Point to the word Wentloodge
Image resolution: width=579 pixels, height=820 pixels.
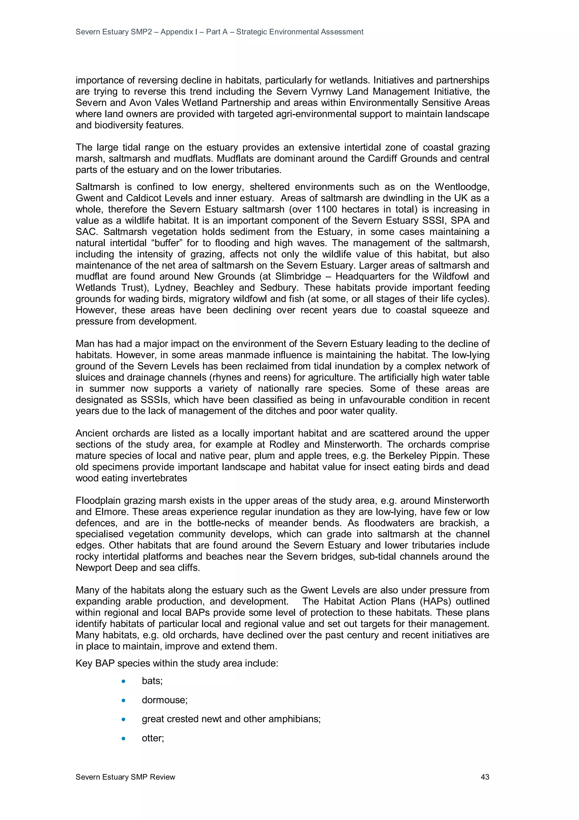[462, 187]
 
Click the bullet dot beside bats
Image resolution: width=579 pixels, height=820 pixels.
[124, 681]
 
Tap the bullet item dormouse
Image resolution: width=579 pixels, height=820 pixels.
[165, 700]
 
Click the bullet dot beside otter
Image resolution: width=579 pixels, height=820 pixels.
[124, 738]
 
